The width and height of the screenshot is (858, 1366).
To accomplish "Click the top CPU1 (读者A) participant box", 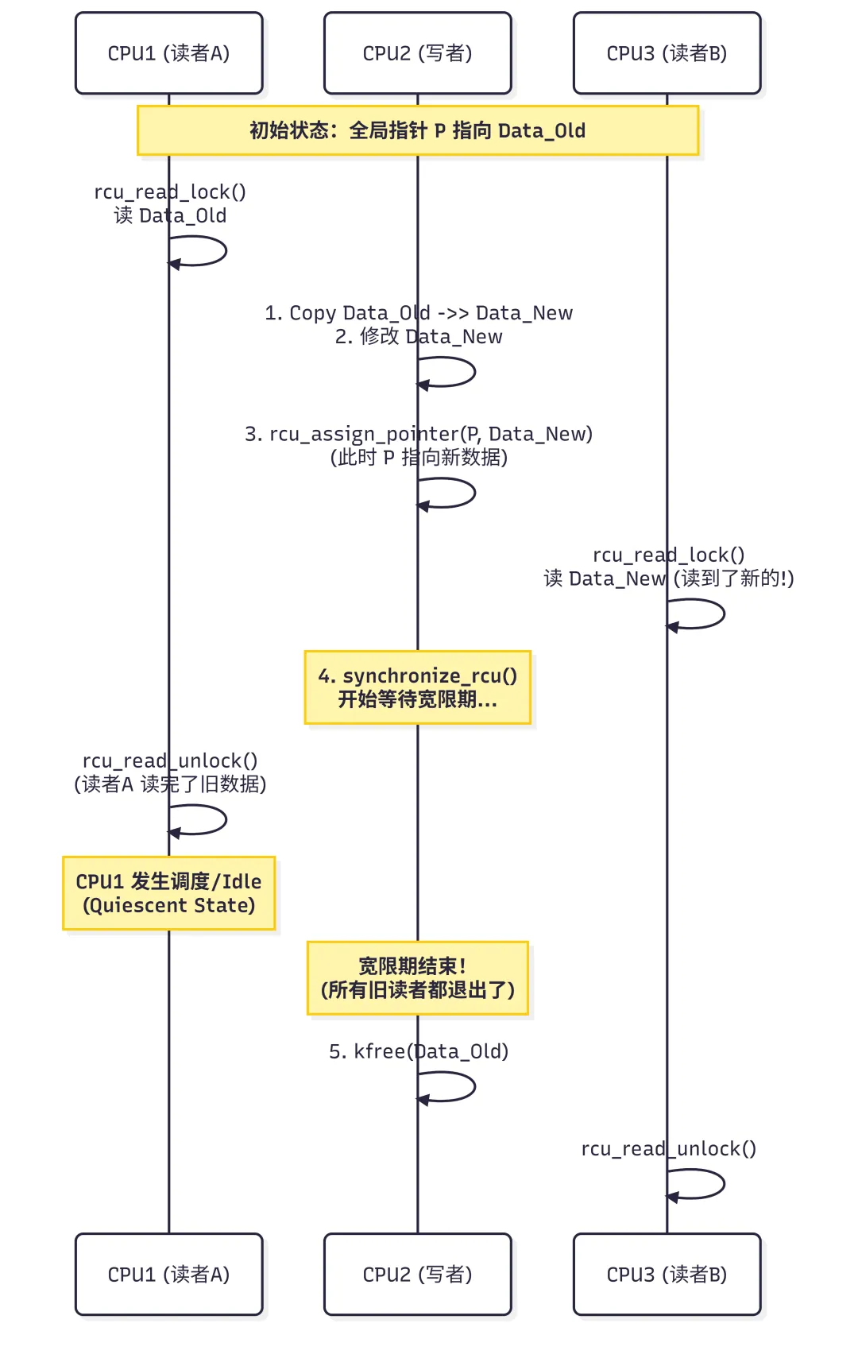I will [168, 53].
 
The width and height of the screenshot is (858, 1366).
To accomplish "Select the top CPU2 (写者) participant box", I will [417, 53].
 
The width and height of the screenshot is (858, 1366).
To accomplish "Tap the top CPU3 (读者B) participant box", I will [667, 53].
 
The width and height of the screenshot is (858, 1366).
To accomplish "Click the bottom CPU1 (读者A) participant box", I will [168, 1274].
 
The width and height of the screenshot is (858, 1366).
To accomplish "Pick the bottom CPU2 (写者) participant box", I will [417, 1274].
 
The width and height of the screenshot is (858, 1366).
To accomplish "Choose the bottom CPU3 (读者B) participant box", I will [667, 1274].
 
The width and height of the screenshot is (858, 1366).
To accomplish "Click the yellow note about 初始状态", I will [417, 130].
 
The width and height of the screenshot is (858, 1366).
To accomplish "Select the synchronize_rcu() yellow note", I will [417, 687].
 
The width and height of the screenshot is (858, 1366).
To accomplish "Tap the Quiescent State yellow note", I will [168, 893].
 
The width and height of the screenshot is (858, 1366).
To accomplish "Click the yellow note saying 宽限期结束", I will [417, 978].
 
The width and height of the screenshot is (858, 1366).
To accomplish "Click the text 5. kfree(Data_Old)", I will [419, 1051].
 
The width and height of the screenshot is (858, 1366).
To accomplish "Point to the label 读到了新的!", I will [732, 579].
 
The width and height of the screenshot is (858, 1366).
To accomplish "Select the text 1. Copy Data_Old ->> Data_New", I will [419, 313].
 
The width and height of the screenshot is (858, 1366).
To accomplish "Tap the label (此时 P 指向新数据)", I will [419, 458].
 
